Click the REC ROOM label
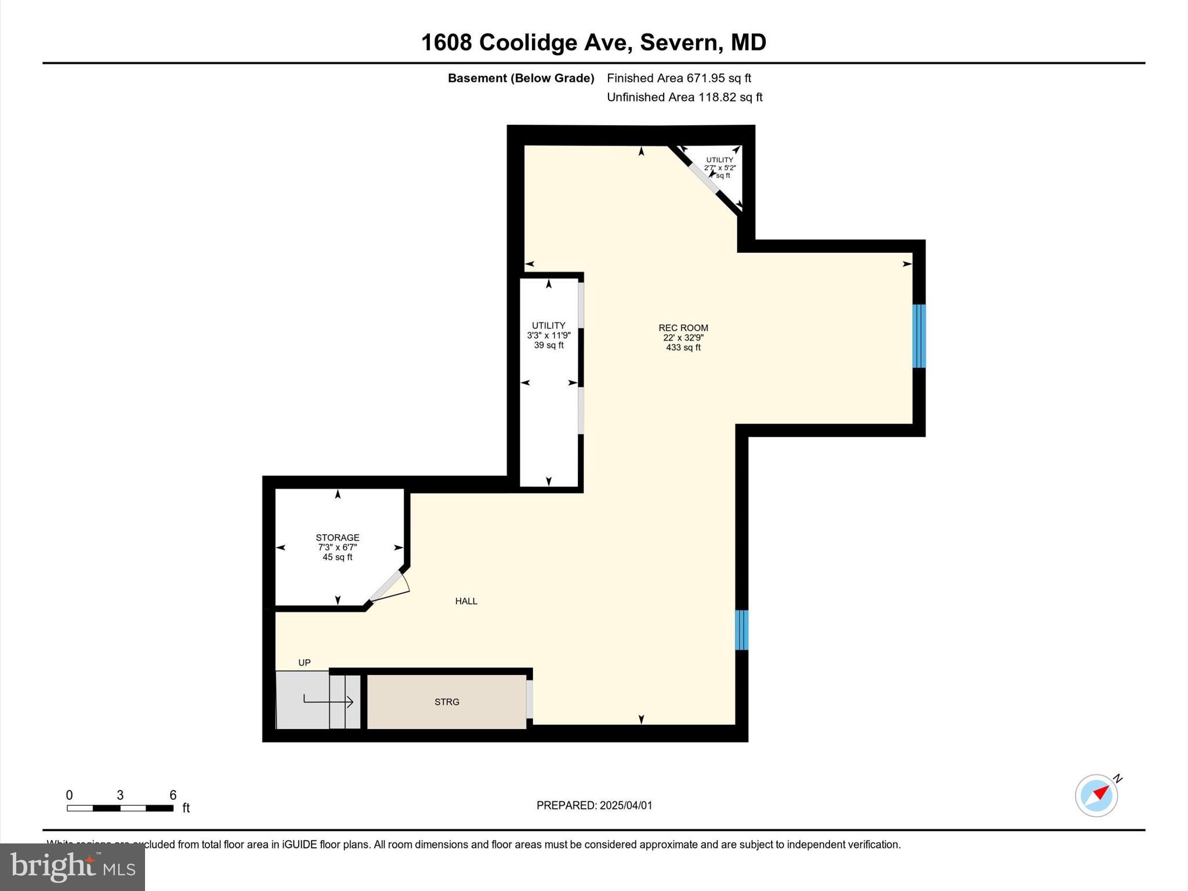[683, 328]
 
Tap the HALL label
[466, 601]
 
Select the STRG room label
[447, 702]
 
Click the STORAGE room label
[337, 538]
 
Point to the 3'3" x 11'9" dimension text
[548, 335]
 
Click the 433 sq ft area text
[683, 347]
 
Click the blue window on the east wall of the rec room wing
[918, 336]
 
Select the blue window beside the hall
[741, 630]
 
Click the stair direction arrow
[328, 702]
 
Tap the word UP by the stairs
[304, 662]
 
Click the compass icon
[1096, 795]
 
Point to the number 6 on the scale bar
[172, 795]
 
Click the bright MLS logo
[73, 867]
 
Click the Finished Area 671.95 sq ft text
[679, 78]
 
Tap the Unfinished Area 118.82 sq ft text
[684, 97]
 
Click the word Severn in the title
[681, 42]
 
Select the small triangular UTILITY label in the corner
[719, 160]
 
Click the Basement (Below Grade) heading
[520, 78]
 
